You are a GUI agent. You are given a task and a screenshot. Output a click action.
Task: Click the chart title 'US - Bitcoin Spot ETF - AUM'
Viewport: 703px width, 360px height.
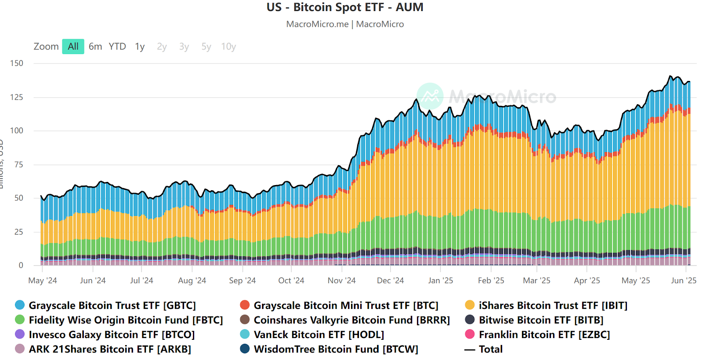point(345,7)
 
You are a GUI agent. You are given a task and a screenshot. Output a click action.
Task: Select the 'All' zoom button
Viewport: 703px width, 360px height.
point(73,47)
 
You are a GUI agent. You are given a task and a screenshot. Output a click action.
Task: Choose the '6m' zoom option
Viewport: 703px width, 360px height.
point(95,47)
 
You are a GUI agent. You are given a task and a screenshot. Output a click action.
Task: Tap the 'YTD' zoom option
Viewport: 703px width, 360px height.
point(117,47)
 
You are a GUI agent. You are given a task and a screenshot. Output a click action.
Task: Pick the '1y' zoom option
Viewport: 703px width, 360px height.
point(140,47)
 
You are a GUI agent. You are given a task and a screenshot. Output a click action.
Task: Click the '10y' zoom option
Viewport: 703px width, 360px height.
point(228,47)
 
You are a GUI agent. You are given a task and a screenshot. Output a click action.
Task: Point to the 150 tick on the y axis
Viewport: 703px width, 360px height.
point(17,63)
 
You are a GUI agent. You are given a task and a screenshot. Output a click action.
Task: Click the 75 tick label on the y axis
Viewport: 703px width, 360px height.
point(18,164)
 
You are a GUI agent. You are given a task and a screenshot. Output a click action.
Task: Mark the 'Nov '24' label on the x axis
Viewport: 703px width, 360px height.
point(341,280)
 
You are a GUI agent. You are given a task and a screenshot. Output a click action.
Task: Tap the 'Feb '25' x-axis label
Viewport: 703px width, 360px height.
point(491,280)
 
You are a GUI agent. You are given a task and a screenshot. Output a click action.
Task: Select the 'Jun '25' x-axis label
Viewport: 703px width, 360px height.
point(684,280)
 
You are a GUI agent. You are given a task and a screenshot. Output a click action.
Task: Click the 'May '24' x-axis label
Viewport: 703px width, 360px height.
point(43,280)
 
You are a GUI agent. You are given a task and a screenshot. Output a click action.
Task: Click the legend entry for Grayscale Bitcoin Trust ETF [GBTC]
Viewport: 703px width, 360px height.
point(112,305)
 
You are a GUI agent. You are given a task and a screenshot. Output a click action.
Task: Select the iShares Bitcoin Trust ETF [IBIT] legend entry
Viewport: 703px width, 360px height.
point(553,305)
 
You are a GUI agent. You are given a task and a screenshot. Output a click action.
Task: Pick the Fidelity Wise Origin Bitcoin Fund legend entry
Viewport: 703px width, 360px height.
point(126,320)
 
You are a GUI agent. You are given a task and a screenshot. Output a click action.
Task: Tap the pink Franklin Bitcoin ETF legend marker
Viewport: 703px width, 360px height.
point(470,335)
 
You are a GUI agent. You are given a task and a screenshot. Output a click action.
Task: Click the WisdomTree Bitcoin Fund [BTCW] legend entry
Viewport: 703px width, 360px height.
point(336,349)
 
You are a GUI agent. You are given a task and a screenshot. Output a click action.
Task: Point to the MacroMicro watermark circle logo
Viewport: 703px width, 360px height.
point(430,96)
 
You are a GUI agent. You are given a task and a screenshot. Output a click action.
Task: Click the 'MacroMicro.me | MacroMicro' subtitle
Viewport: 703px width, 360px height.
point(345,24)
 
